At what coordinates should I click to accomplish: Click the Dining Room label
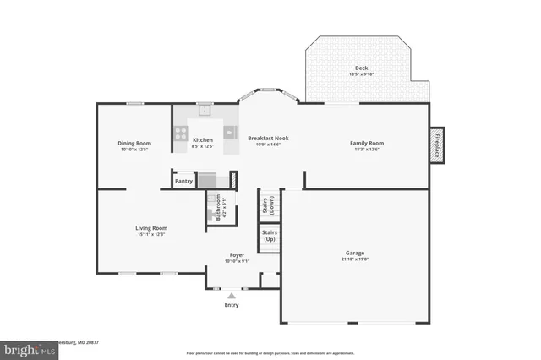point(134,143)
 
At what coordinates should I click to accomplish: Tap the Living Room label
point(151,227)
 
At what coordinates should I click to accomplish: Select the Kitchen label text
point(203,140)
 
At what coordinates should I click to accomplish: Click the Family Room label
point(367,143)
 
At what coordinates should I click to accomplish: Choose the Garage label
point(354,253)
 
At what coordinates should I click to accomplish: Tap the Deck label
point(361,68)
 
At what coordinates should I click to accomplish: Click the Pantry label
point(184,181)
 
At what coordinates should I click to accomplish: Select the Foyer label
point(237,254)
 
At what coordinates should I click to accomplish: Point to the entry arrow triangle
point(232,295)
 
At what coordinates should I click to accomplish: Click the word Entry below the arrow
point(232,305)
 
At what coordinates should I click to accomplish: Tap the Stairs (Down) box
point(268,204)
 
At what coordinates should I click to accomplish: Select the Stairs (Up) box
point(270,236)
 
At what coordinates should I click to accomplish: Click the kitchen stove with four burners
point(180,131)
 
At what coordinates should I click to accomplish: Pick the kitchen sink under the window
point(204,110)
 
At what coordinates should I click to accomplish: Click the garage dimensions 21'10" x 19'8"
point(354,259)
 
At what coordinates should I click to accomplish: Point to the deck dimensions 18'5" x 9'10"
point(361,75)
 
